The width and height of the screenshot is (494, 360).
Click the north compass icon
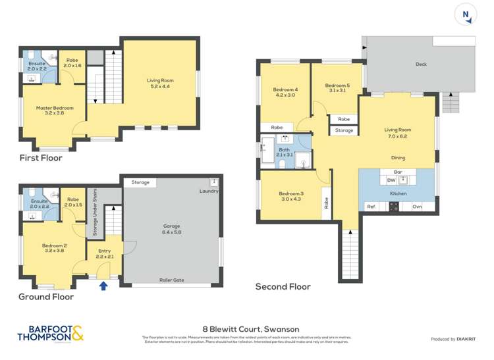[466, 15]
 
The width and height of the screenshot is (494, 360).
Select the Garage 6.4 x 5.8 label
[171, 229]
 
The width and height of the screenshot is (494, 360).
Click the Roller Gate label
[171, 280]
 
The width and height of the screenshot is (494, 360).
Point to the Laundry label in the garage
[208, 192]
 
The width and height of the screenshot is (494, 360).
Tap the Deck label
[421, 64]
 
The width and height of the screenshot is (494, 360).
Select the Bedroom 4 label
[285, 92]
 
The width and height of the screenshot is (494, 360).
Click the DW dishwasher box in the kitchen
[391, 180]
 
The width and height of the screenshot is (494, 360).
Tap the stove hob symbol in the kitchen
[394, 206]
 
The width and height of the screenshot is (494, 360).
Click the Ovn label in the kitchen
[417, 207]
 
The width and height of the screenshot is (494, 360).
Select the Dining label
[398, 158]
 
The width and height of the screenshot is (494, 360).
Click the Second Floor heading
[283, 287]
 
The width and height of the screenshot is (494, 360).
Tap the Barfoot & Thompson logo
[51, 334]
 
